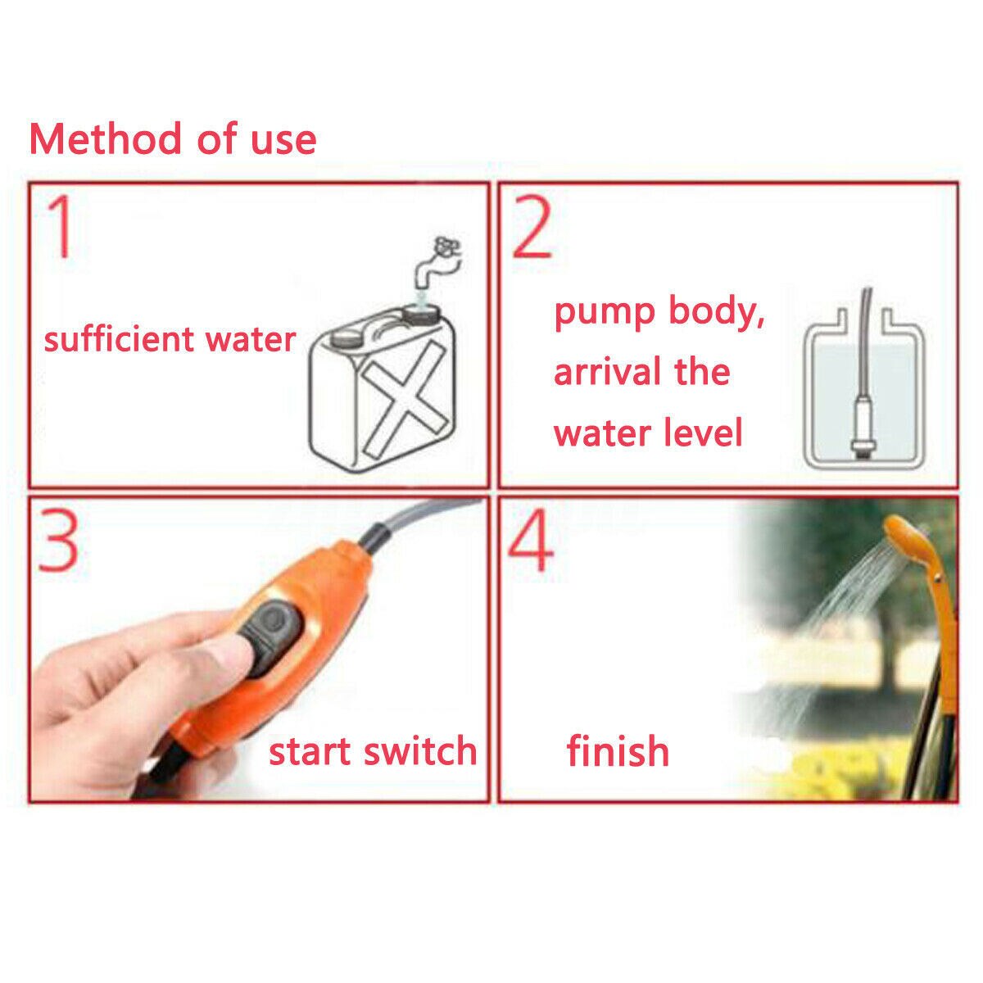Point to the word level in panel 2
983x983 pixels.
(x=704, y=432)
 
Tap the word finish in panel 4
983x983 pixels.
(x=618, y=750)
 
